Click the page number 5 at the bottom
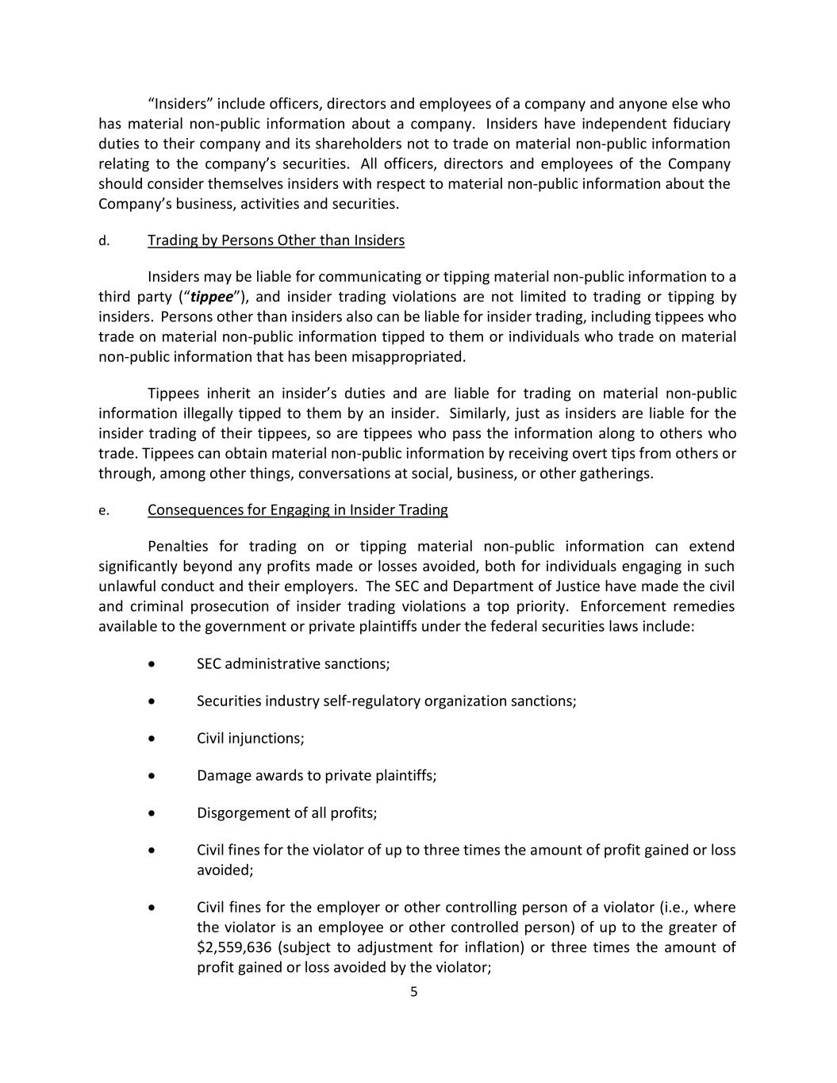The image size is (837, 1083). [413, 991]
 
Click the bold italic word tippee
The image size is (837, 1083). [212, 297]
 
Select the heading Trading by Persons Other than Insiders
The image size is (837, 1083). [275, 240]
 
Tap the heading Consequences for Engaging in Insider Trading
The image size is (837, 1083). [298, 510]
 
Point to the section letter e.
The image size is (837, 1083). [104, 511]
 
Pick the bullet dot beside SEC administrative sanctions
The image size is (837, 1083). [152, 664]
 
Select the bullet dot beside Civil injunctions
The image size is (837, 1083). [152, 739]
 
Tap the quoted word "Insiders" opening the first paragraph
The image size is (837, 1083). [180, 104]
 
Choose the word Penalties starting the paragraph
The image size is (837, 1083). [178, 546]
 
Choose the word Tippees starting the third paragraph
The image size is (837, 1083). [173, 394]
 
